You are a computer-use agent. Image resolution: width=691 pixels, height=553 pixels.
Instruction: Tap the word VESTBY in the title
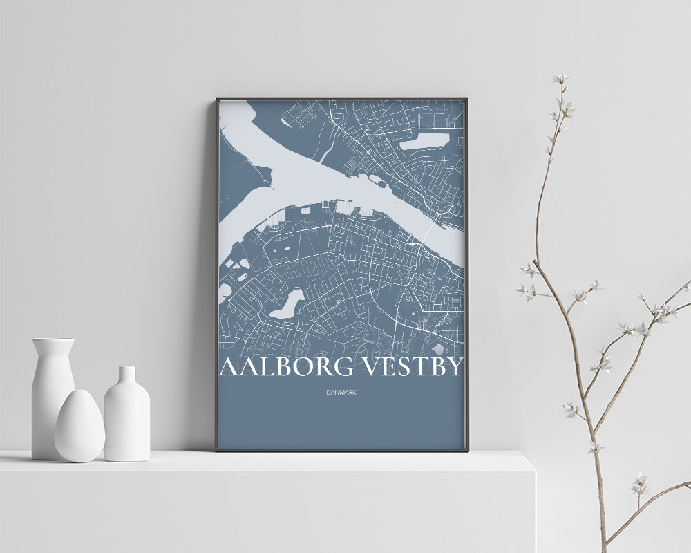click(x=412, y=367)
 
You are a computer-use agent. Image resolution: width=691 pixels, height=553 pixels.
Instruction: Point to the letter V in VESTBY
click(x=371, y=367)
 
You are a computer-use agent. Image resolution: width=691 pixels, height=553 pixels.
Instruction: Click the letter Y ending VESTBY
click(x=453, y=367)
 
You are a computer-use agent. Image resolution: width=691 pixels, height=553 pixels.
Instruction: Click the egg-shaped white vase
click(x=79, y=427)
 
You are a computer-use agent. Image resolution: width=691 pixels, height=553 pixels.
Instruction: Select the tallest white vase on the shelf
click(x=53, y=401)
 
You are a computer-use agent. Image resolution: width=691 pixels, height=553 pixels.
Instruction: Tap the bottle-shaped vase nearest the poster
click(x=126, y=418)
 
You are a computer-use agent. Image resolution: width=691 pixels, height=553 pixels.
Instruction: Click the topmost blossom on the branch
click(x=559, y=79)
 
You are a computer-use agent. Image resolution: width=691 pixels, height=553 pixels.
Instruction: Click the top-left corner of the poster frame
click(x=216, y=99)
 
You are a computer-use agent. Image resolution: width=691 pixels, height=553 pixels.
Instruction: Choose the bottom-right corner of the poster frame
click(x=468, y=451)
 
